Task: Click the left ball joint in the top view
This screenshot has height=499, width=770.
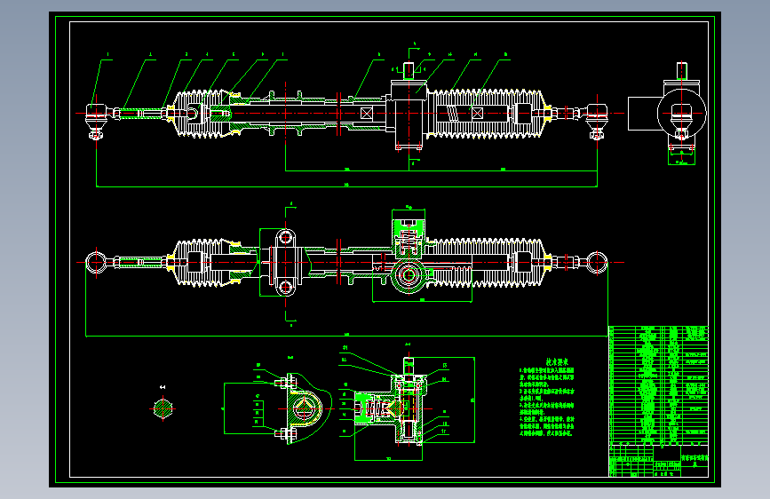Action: click(x=94, y=113)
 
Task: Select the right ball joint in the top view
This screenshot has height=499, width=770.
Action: click(x=596, y=113)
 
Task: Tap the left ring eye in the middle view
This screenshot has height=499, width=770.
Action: click(x=95, y=262)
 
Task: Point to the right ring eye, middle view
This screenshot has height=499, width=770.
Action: click(x=597, y=262)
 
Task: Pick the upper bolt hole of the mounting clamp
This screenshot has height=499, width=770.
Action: click(x=284, y=238)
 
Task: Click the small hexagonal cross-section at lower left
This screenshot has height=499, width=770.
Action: click(x=163, y=408)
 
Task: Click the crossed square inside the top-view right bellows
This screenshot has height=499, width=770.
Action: click(x=477, y=114)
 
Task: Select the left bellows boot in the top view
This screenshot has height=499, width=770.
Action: click(x=204, y=114)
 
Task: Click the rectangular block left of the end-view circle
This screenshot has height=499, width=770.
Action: click(x=641, y=113)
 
